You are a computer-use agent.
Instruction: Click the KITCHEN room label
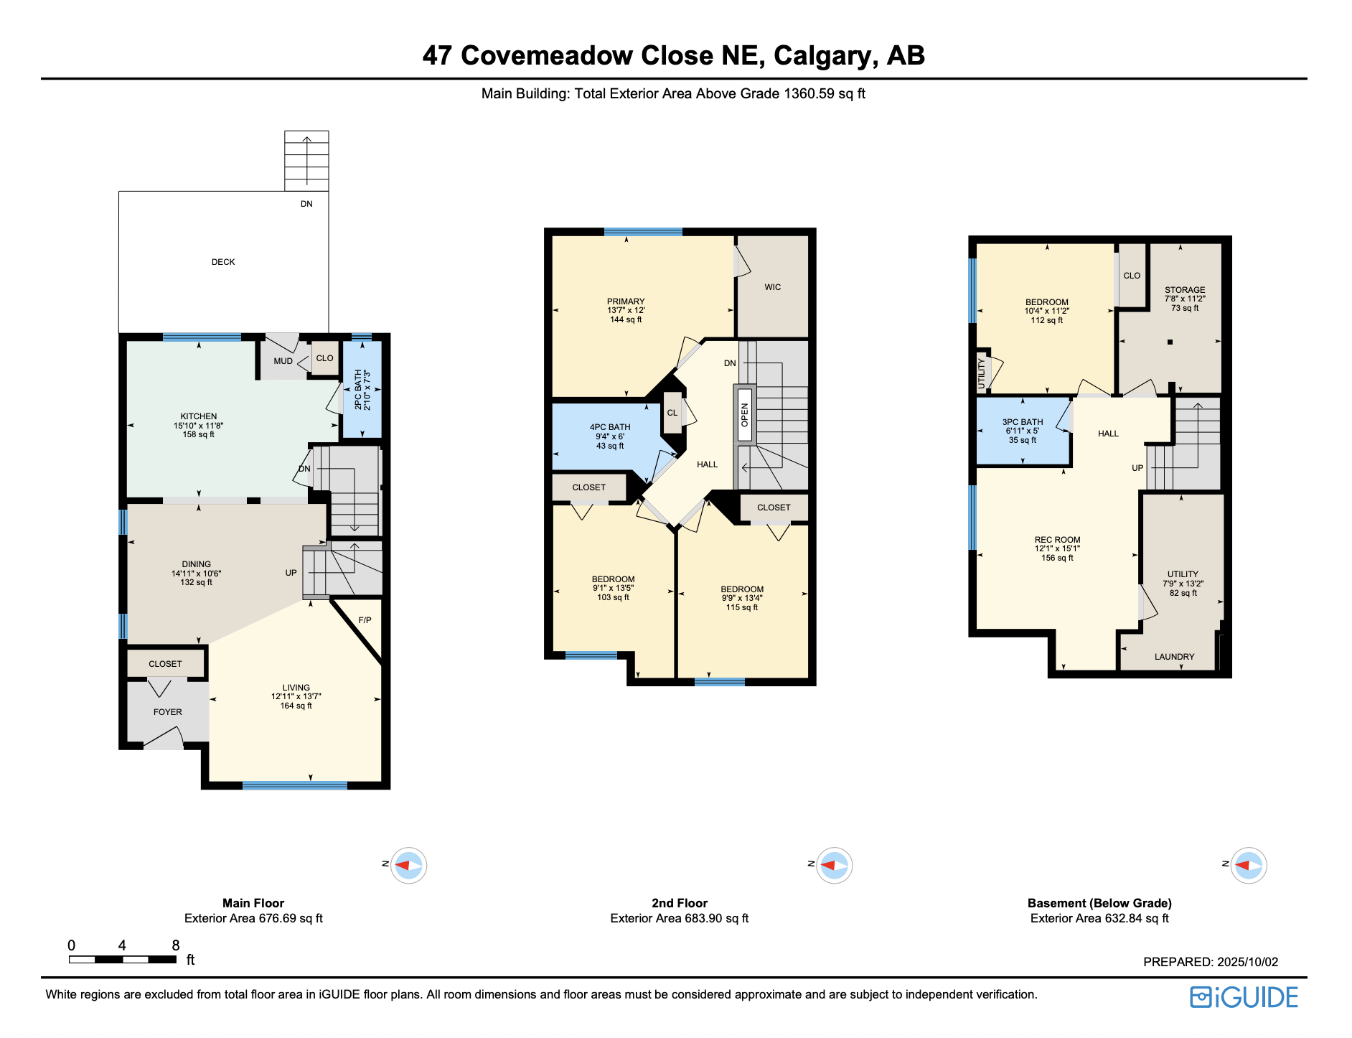pyautogui.click(x=199, y=416)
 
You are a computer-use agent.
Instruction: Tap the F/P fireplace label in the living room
pyautogui.click(x=365, y=620)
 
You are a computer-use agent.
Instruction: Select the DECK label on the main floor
pyautogui.click(x=223, y=262)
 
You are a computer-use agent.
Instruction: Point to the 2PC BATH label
pyautogui.click(x=358, y=390)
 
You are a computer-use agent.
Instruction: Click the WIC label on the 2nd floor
pyautogui.click(x=773, y=287)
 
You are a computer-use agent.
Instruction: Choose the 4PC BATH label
pyautogui.click(x=610, y=427)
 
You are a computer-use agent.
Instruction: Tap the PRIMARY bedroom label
pyautogui.click(x=626, y=301)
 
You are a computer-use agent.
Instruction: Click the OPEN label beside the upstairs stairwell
pyautogui.click(x=745, y=415)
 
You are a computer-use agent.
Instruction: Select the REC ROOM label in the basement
pyautogui.click(x=1057, y=540)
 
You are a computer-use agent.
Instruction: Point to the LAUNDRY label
pyautogui.click(x=1174, y=657)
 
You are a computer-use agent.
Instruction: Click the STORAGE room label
pyautogui.click(x=1185, y=290)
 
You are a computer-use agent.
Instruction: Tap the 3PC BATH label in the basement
pyautogui.click(x=1023, y=422)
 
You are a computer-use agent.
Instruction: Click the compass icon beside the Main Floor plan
pyautogui.click(x=408, y=865)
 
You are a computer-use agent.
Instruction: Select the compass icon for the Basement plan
pyautogui.click(x=1249, y=865)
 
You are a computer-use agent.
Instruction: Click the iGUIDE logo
pyautogui.click(x=1244, y=997)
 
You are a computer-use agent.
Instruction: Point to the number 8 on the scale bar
pyautogui.click(x=176, y=945)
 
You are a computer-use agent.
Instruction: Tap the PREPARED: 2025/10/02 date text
pyautogui.click(x=1211, y=962)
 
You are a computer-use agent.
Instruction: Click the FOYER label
pyautogui.click(x=168, y=712)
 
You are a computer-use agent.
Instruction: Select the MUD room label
pyautogui.click(x=283, y=361)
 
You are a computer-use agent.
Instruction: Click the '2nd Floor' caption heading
pyautogui.click(x=680, y=903)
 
